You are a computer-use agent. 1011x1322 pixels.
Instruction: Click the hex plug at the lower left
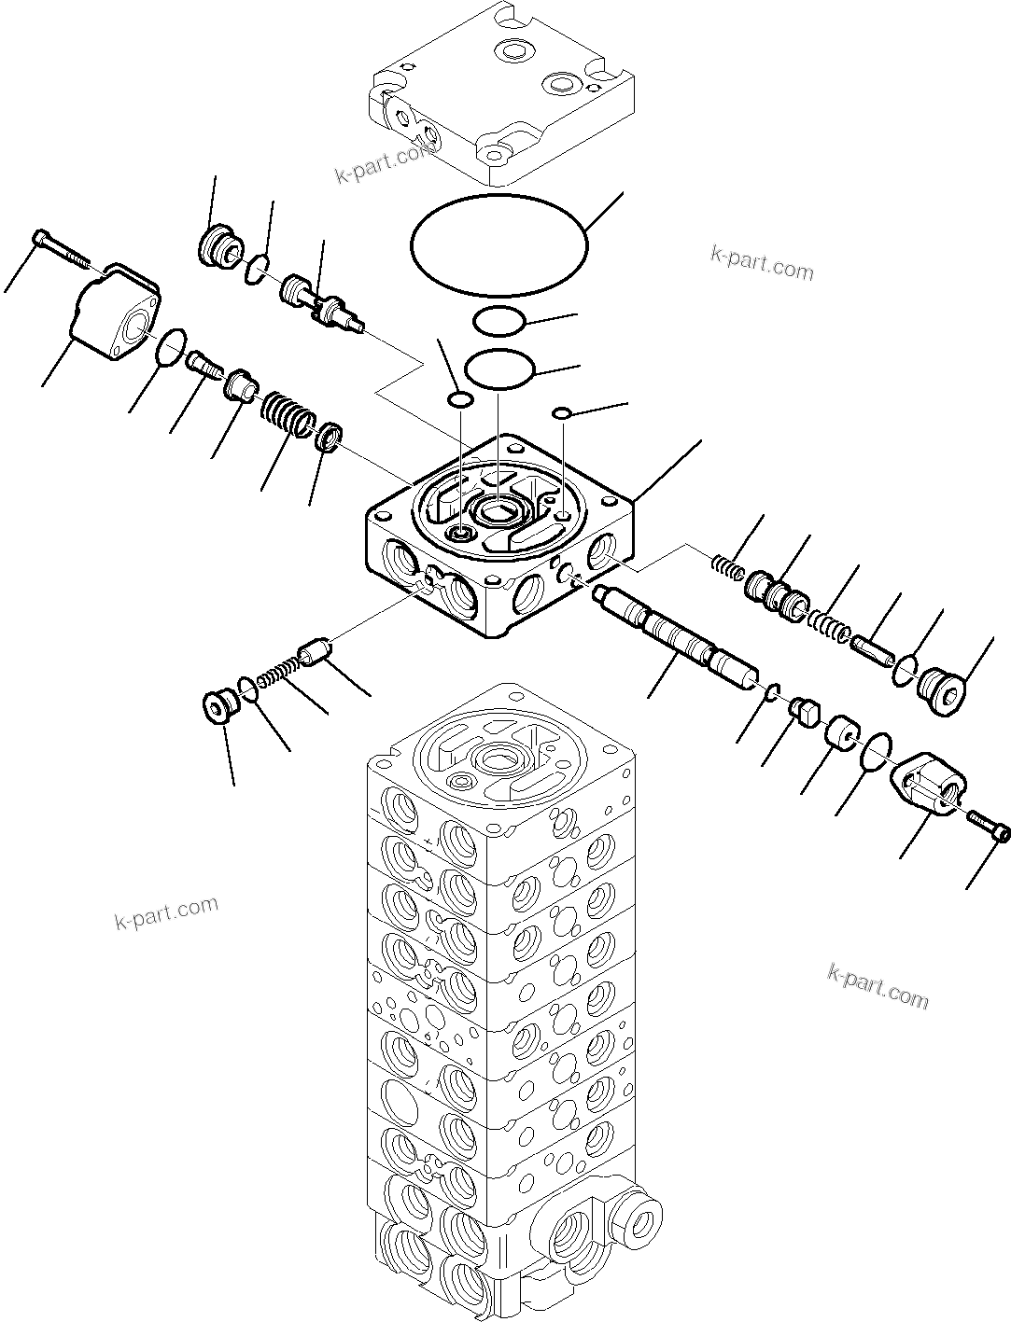(219, 706)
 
